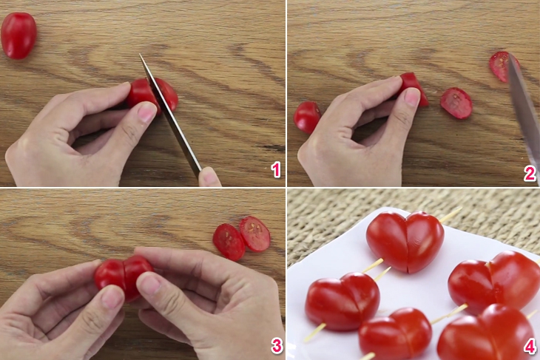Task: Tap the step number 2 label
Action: (x=529, y=173)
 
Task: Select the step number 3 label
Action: (x=276, y=346)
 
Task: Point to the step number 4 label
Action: (x=529, y=346)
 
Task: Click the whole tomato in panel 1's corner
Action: (x=18, y=35)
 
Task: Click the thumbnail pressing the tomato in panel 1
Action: (x=146, y=112)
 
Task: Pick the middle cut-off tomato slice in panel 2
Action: (x=456, y=103)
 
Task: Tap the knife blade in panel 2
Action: (x=524, y=111)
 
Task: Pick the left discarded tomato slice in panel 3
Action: (x=228, y=241)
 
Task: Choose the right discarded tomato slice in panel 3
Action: (x=255, y=233)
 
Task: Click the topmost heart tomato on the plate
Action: (x=405, y=240)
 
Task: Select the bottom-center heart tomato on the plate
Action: (x=395, y=333)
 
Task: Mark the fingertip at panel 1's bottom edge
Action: (x=209, y=177)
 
